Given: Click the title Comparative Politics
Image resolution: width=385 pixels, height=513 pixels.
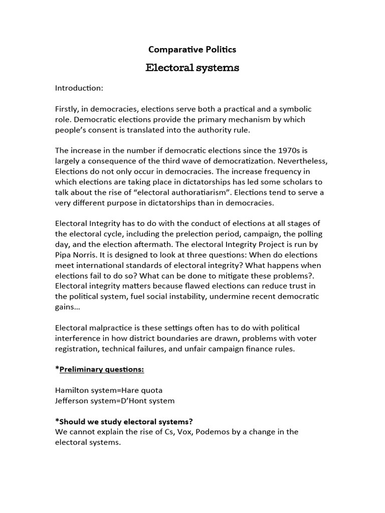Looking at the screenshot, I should [x=192, y=49].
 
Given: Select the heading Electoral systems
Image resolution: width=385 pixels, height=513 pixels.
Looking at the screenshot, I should [x=192, y=68].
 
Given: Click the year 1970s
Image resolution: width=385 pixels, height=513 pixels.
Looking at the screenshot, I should [x=282, y=150].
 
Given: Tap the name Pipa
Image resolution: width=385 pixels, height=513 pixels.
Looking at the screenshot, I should [x=65, y=254].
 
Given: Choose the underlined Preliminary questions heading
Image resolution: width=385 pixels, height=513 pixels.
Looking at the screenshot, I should [x=102, y=369].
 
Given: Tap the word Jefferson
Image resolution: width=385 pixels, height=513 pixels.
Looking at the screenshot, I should [x=73, y=401].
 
